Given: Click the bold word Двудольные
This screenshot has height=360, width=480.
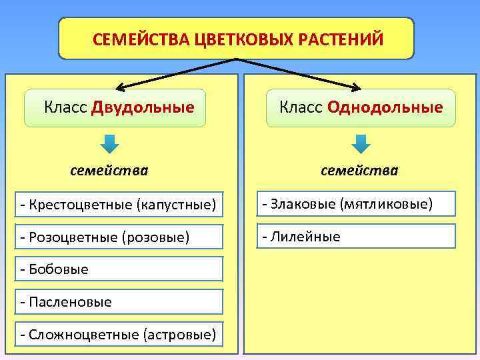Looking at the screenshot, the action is coord(143,107).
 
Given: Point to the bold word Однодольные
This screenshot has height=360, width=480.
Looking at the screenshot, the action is coord(385,107).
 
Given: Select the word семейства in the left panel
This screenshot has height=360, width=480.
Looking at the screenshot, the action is coord(109,171).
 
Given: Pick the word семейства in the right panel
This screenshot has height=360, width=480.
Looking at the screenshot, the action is coord(359,171).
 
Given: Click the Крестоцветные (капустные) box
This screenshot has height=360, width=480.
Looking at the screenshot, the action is coord(119,204).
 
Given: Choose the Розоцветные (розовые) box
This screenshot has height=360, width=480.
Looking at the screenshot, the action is coord(119,237).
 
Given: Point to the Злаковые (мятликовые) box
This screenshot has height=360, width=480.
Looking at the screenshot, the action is coord(357,203).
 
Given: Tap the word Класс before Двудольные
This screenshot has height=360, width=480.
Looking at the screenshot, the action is coord(65,107).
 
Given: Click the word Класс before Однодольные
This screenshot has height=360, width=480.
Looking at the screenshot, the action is coord(301,107).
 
